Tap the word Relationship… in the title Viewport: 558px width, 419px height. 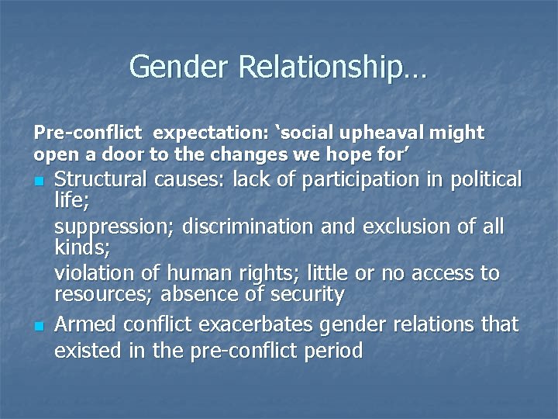(332, 67)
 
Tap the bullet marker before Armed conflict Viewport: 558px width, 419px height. (38, 326)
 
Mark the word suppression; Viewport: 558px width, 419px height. (115, 227)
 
